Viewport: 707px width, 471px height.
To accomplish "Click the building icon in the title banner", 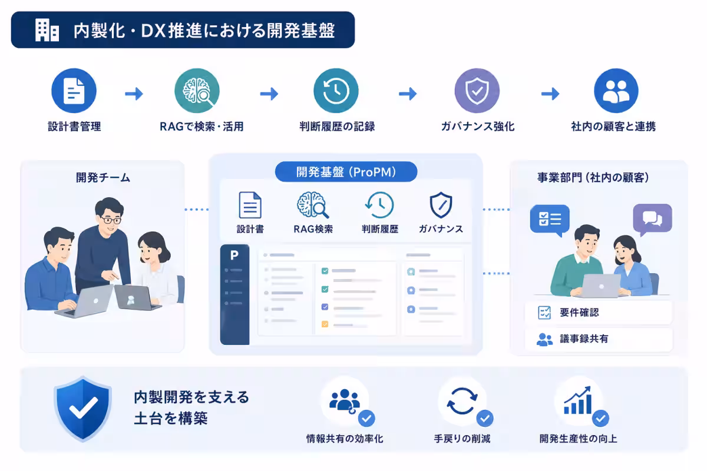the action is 47,30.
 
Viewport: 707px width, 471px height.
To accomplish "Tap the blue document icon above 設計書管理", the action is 74,91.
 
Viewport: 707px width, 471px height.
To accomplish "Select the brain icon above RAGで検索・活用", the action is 197,91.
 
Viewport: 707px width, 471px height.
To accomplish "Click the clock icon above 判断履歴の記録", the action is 336,91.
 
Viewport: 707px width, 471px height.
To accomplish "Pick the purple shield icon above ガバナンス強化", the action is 477,91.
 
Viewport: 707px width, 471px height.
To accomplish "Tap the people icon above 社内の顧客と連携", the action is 616,91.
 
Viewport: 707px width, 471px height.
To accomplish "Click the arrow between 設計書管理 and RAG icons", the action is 134,94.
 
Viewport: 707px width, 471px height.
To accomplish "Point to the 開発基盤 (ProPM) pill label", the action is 346,172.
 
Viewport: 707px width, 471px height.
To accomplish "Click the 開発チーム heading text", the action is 103,178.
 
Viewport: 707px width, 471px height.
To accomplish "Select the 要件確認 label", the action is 579,312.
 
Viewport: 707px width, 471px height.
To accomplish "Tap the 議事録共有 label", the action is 584,339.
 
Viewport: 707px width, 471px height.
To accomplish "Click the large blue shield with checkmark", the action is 82,408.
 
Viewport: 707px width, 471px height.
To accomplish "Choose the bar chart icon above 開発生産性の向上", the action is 578,400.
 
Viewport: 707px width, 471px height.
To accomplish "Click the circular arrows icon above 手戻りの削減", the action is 462,401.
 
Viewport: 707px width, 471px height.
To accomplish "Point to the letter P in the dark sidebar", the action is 234,255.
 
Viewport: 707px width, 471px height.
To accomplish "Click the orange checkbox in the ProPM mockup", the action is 325,324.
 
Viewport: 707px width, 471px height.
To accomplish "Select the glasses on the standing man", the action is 111,220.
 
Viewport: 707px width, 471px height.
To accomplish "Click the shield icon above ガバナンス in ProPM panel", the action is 441,205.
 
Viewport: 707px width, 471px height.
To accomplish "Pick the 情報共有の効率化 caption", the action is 345,439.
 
